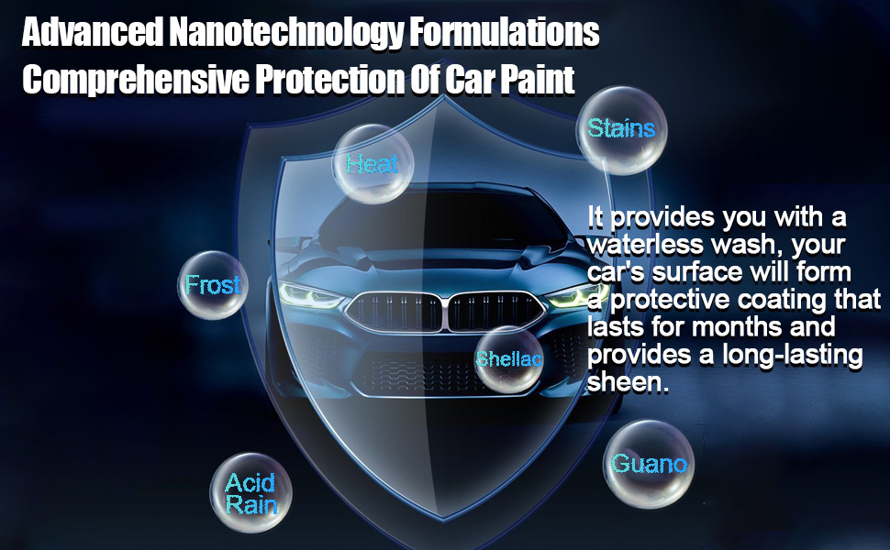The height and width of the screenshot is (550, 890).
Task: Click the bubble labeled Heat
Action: pos(373,163)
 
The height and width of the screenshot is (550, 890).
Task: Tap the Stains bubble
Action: pos(621,128)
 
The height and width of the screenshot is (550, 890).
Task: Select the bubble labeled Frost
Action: pos(212,285)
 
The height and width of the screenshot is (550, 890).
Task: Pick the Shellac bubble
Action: pos(509,358)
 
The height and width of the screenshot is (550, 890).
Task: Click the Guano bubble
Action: pos(649,464)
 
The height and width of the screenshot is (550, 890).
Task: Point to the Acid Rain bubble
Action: pos(250,493)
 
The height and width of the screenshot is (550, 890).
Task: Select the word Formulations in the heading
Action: pos(508,34)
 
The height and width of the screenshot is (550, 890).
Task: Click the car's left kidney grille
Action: pos(396,312)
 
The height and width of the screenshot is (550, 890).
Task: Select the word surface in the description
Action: pos(698,272)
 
